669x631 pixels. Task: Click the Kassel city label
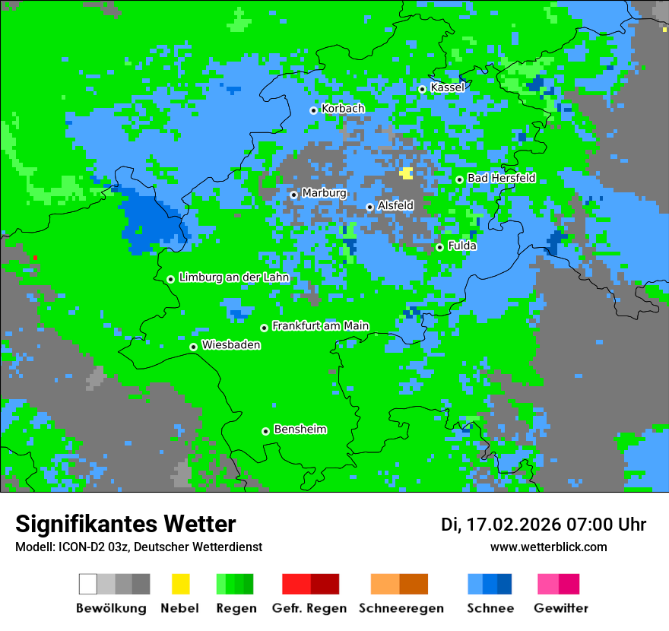(447, 87)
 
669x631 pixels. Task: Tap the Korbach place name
(343, 109)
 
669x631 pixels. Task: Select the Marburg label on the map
(324, 193)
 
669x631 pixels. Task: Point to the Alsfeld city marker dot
(370, 207)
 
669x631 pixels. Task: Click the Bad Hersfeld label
(501, 178)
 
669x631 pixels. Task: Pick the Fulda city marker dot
(439, 247)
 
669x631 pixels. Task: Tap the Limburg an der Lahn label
(233, 277)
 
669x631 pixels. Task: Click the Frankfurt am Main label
(320, 326)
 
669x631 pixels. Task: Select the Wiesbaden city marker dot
(194, 347)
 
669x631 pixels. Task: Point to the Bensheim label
(300, 430)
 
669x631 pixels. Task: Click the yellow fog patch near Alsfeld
(407, 173)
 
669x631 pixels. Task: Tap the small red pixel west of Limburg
(35, 258)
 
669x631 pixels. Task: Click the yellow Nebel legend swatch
(180, 584)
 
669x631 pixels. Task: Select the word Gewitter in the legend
(561, 608)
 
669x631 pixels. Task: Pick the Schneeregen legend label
(401, 608)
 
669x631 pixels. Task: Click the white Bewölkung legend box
(88, 584)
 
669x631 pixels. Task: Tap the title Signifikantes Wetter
(125, 525)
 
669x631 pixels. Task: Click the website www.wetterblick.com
(548, 547)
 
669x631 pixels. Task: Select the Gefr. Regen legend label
(309, 608)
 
